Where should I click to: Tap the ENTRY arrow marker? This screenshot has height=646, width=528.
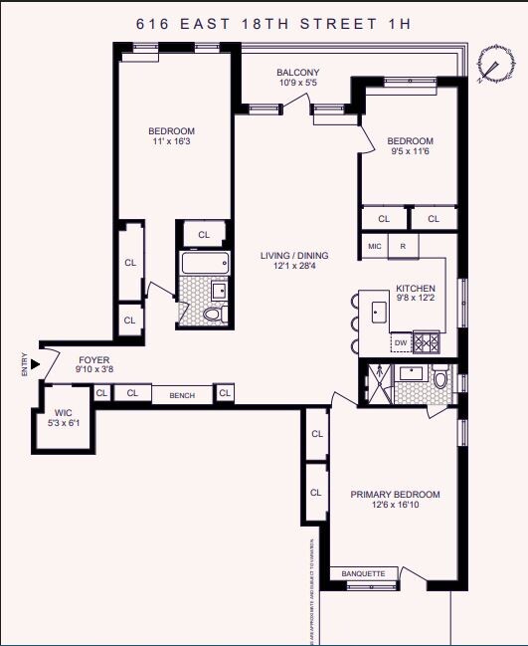36,364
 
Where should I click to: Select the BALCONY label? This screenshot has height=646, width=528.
297,73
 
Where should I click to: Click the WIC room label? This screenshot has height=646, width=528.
64,412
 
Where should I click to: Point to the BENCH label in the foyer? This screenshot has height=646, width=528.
182,395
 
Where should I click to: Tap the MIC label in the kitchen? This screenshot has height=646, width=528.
374,245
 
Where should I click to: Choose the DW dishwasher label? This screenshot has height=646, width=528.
400,342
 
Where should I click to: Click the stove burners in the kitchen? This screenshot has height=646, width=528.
426,341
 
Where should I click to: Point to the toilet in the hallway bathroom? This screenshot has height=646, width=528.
212,315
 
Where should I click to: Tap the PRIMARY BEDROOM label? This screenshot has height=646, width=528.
395,495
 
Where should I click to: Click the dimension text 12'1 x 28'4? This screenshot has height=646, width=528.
294,267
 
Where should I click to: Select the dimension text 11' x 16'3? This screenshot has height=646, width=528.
171,142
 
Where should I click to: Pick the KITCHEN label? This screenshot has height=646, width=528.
416,288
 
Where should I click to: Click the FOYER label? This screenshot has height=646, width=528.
91,360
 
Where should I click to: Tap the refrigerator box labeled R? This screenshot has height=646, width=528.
403,245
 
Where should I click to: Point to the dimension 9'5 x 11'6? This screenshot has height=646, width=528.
411,152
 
